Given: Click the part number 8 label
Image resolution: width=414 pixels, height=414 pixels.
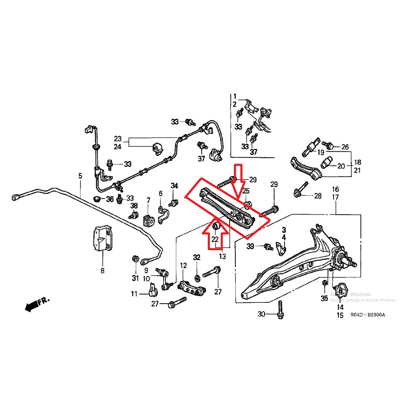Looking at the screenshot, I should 102,270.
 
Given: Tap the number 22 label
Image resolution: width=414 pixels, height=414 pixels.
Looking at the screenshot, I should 215,240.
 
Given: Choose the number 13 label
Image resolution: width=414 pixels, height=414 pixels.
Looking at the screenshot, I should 223,256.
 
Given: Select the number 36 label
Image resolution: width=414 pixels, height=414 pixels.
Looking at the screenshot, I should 110,199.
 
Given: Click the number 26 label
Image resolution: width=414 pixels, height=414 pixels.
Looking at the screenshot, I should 344,147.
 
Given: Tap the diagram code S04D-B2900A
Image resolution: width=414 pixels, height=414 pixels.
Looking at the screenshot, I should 368,314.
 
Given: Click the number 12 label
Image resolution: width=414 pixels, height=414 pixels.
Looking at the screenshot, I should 184,266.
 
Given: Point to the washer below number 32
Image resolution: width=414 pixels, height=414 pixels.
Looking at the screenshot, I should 197,278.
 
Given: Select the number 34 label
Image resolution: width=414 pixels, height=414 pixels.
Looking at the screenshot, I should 174,186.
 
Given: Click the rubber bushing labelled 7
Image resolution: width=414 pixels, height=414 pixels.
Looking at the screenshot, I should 148,220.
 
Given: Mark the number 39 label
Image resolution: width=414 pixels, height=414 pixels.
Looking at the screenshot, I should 250,247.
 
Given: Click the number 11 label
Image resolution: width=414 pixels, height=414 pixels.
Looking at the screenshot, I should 134,294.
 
